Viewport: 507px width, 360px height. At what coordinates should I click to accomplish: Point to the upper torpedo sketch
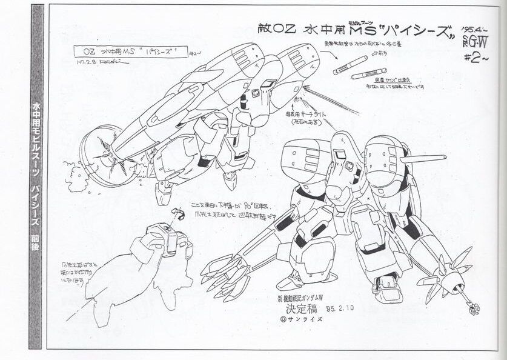click(351, 64)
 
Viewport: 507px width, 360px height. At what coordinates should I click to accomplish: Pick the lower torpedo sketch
click(368, 74)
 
